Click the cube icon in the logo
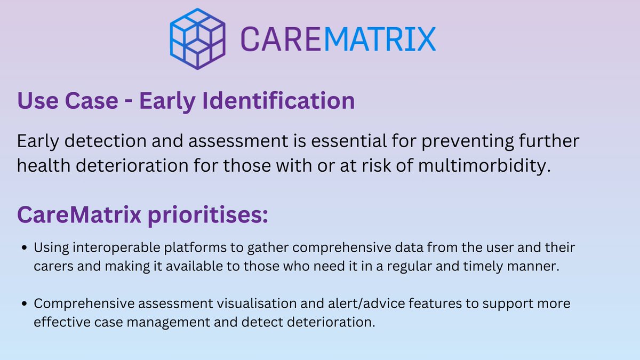(x=197, y=38)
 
